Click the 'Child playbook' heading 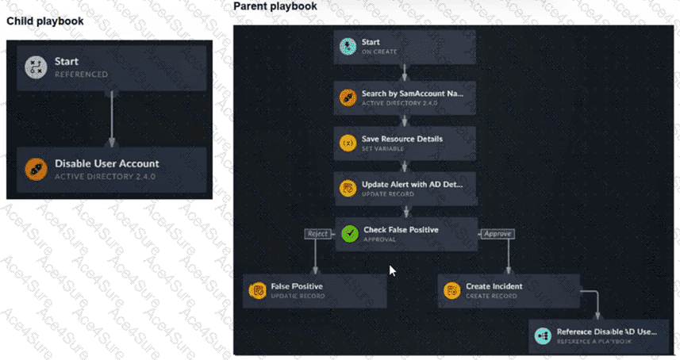pos(44,21)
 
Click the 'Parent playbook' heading pos(275,6)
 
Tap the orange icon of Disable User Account pos(36,169)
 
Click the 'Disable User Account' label pos(106,164)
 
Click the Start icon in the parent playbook pos(347,47)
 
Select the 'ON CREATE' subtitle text pos(379,52)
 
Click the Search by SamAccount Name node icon pos(347,98)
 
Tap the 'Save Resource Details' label pos(401,139)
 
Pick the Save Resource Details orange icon pos(347,144)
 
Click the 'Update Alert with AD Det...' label pos(411,184)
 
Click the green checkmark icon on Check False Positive pos(349,234)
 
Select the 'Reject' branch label pos(317,234)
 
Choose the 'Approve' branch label pos(498,234)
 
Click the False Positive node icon pos(257,291)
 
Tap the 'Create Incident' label pos(494,286)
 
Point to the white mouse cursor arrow pos(392,270)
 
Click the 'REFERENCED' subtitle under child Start pos(81,75)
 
